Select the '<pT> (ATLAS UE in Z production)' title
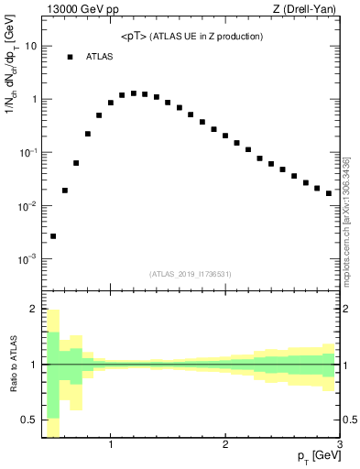click(x=191, y=37)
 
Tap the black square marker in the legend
click(x=70, y=57)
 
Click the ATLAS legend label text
click(x=99, y=57)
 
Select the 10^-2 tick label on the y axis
click(x=27, y=205)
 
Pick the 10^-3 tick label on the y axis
click(x=27, y=259)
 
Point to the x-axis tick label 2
click(x=225, y=446)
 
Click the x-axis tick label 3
click(x=339, y=446)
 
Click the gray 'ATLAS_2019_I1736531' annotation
click(x=190, y=274)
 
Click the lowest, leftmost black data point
click(x=53, y=236)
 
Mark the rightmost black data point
click(x=329, y=193)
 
